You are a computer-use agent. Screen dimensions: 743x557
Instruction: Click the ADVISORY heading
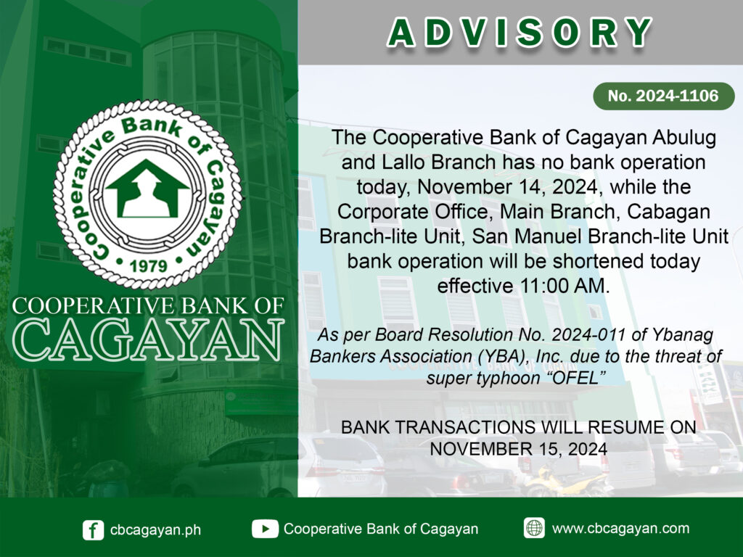[x=520, y=33]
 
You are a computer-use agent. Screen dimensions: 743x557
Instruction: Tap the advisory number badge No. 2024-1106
[x=663, y=96]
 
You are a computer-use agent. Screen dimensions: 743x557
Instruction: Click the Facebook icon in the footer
[x=94, y=529]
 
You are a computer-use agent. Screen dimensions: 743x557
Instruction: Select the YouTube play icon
[x=265, y=529]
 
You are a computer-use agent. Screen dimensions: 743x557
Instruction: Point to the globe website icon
[x=534, y=528]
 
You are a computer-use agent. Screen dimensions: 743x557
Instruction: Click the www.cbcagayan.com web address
[x=621, y=528]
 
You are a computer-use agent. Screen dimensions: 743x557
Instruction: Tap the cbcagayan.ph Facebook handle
[x=155, y=530]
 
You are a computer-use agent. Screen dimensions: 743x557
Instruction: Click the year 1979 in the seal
[x=148, y=265]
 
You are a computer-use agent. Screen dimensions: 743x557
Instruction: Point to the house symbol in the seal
[x=148, y=189]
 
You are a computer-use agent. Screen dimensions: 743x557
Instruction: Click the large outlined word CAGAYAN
[x=148, y=339]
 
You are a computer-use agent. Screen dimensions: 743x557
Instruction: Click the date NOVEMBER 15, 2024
[x=518, y=449]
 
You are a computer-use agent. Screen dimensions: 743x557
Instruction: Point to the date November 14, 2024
[x=507, y=187]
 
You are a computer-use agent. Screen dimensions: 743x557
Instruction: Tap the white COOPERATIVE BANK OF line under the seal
[x=148, y=306]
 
